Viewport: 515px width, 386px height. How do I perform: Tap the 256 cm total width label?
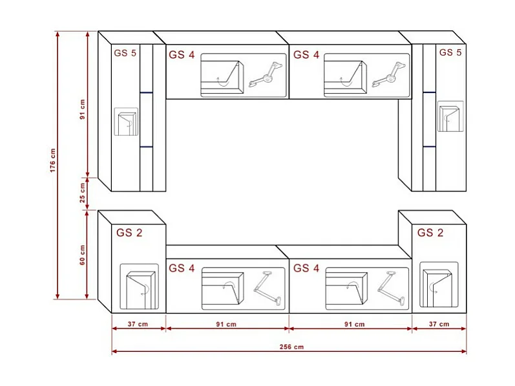click(290, 347)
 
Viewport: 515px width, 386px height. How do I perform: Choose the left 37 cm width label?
click(138, 324)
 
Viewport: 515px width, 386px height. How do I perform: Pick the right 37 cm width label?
click(439, 324)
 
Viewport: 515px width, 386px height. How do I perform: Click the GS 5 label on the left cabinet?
click(125, 53)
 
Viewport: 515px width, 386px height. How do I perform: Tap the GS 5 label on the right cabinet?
click(450, 52)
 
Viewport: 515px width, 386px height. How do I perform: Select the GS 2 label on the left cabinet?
click(129, 233)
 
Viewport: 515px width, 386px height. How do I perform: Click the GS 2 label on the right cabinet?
click(430, 233)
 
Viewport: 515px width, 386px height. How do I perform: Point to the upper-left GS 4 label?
click(182, 55)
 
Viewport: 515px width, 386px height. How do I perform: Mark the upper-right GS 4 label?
click(306, 55)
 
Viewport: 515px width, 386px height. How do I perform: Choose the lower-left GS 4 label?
click(182, 268)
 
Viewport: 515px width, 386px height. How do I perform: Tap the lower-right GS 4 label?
click(306, 268)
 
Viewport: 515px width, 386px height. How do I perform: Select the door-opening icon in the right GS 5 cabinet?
click(450, 116)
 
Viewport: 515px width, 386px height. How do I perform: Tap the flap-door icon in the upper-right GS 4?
click(346, 75)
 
